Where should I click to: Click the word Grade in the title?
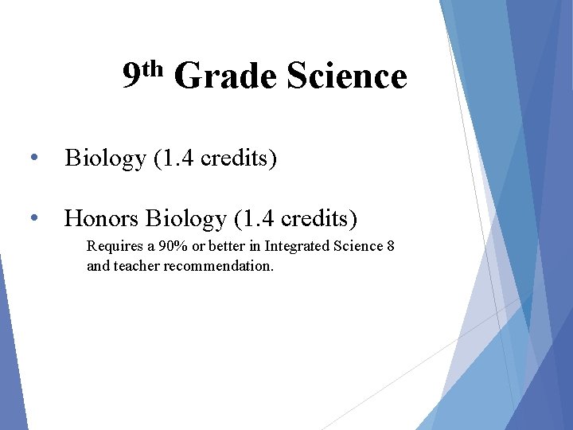point(224,77)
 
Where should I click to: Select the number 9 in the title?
point(132,77)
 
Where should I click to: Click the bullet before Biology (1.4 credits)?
point(33,158)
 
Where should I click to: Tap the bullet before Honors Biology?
point(33,217)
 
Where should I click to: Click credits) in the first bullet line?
point(239,158)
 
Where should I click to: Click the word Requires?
point(112,246)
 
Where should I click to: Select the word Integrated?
point(296,246)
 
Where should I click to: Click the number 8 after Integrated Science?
point(390,246)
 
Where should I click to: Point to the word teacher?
point(137,266)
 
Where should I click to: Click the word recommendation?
point(219,266)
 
